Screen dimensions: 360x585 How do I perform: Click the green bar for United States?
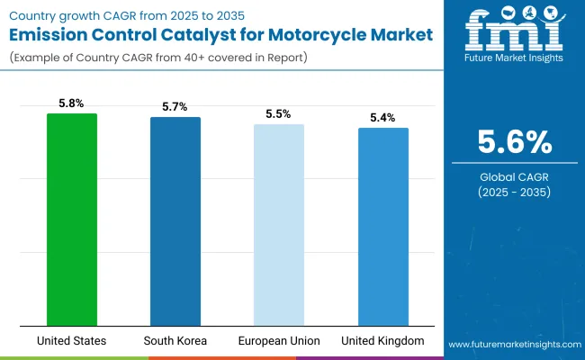[x=72, y=219]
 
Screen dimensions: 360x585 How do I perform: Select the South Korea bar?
[x=175, y=220]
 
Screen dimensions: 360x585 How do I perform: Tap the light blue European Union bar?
[x=279, y=224]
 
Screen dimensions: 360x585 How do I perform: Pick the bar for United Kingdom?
[x=382, y=226]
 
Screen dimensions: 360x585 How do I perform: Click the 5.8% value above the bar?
[x=72, y=103]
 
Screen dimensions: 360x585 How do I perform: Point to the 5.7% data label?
[x=175, y=107]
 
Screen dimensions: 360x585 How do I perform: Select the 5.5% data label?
[x=279, y=114]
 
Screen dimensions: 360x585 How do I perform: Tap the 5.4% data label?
[x=382, y=118]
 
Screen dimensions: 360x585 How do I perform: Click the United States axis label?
[x=72, y=341]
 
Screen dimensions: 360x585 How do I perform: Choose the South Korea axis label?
[x=175, y=341]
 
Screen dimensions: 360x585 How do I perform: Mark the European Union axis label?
[x=279, y=341]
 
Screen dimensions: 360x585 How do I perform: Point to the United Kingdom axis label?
[x=382, y=341]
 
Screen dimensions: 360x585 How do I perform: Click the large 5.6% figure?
[x=513, y=142]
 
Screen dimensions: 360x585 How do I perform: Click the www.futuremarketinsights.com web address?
[x=512, y=345]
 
